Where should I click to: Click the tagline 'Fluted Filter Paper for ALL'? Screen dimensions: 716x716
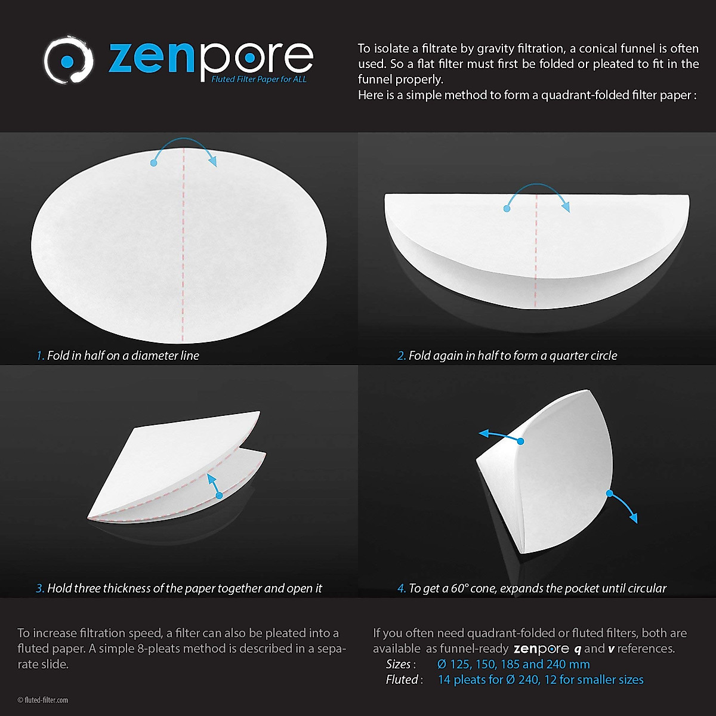[x=259, y=79]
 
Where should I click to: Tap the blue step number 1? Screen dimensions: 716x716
[x=40, y=356]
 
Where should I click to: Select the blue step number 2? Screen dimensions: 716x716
[x=402, y=356]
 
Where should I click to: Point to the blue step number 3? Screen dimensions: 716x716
[x=40, y=588]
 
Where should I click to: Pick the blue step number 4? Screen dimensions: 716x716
[x=402, y=588]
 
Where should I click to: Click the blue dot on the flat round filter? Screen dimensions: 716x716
[x=154, y=162]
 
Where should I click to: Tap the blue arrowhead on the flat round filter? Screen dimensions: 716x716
[x=211, y=161]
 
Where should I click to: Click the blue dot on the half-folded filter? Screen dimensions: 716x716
[x=507, y=208]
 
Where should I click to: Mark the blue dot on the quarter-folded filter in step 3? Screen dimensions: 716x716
[x=219, y=495]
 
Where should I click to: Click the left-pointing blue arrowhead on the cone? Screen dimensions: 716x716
[x=483, y=433]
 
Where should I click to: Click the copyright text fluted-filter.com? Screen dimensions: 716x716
[x=43, y=700]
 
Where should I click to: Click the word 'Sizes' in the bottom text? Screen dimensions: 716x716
[x=398, y=664]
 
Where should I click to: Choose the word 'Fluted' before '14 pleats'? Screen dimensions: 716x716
[x=402, y=680]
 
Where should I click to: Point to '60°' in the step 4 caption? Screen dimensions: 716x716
[x=459, y=588]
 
